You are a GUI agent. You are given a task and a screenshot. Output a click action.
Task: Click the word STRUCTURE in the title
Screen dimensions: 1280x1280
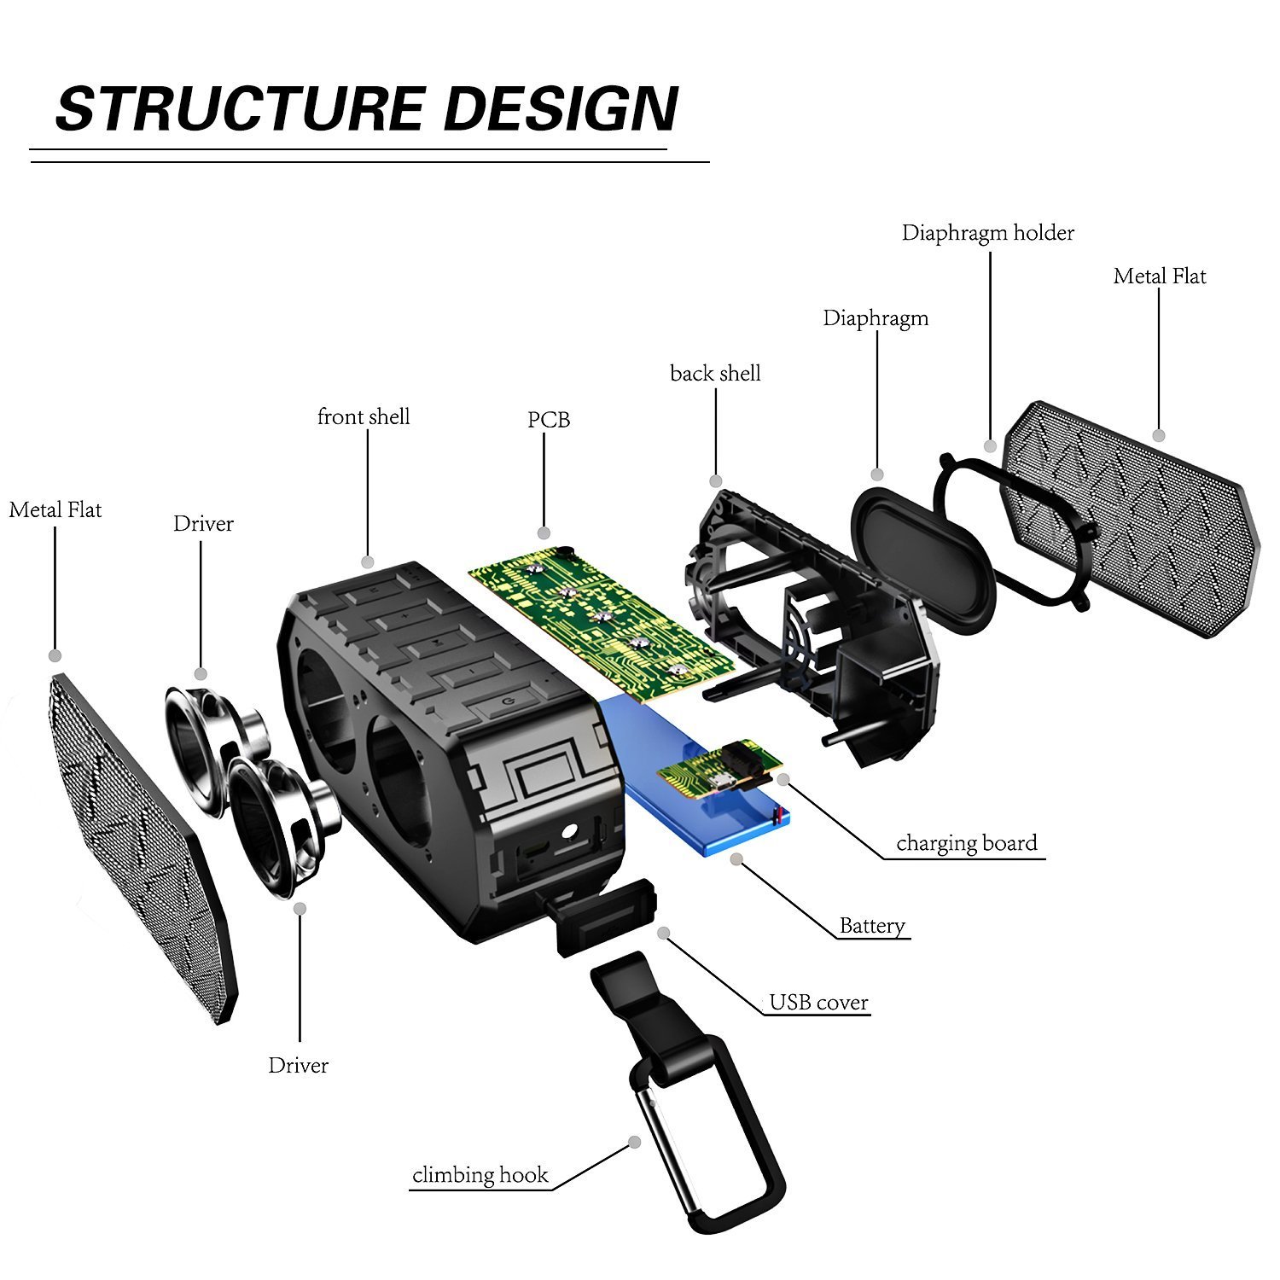pos(239,109)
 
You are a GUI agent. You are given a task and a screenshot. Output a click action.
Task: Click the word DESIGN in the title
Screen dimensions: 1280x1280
pos(561,109)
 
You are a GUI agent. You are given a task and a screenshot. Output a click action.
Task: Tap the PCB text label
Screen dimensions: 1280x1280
pos(548,420)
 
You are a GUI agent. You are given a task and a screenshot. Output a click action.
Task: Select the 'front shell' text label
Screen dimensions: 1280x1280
pos(364,416)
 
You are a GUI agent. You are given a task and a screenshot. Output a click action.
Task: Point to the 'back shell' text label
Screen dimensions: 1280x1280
pos(715,373)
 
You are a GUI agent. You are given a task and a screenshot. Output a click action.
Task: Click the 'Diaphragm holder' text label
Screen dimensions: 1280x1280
pos(987,233)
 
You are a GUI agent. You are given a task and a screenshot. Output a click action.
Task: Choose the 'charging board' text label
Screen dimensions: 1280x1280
pos(966,843)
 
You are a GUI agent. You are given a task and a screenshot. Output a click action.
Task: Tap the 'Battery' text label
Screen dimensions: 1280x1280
pos(871,926)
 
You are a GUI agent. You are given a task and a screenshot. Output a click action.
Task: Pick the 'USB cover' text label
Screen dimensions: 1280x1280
pos(818,1002)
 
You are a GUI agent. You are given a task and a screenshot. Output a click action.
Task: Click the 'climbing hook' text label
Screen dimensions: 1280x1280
pos(480,1175)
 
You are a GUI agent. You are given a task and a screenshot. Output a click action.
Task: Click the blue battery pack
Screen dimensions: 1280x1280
pos(683,811)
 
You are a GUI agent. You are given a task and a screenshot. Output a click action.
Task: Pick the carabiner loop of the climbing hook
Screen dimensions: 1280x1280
pos(708,1135)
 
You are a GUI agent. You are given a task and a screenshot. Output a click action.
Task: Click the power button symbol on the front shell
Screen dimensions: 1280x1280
pos(509,701)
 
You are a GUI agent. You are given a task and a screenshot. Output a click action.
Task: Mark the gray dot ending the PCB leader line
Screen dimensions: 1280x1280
pos(544,533)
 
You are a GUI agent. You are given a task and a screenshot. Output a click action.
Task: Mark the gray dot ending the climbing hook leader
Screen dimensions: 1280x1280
pos(634,1142)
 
